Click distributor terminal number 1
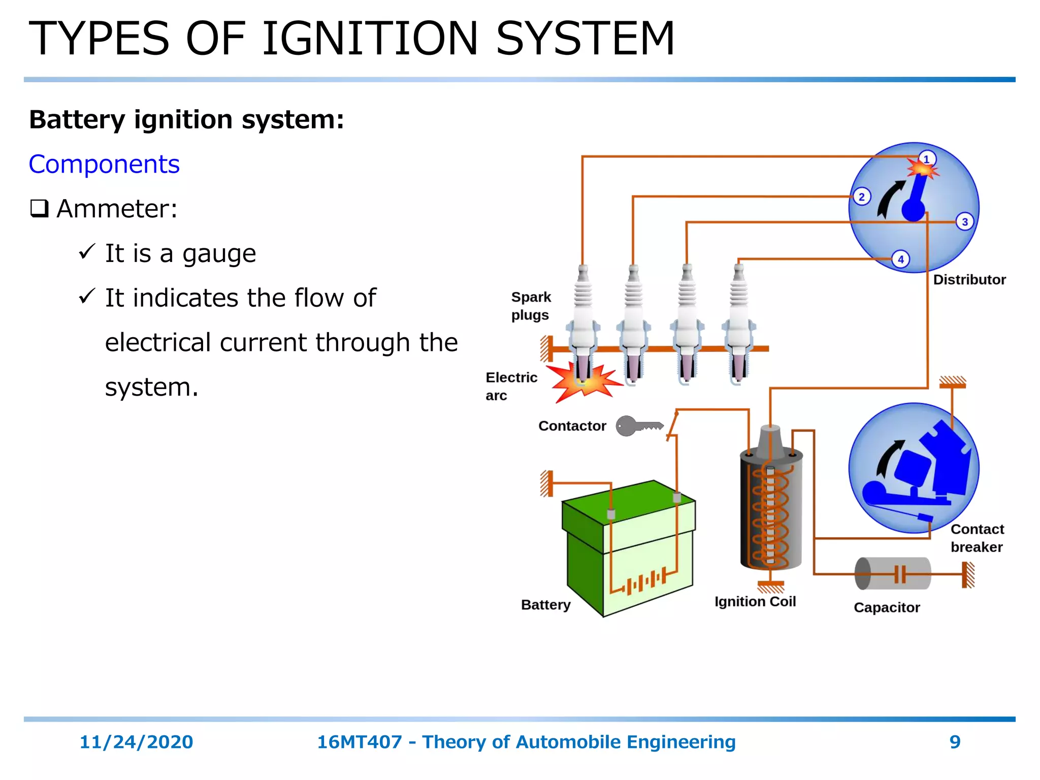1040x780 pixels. [927, 159]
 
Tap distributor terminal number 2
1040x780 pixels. [861, 197]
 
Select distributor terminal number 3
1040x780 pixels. [965, 222]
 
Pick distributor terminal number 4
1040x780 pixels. [900, 259]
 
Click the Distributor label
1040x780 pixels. [969, 280]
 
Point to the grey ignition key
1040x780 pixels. [638, 426]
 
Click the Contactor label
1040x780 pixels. [572, 426]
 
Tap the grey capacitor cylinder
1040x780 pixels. [892, 573]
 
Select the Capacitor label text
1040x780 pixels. [887, 607]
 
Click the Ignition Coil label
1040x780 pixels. [755, 602]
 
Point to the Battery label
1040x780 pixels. [545, 605]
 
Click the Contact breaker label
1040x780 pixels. [977, 538]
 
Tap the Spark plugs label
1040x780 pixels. [530, 306]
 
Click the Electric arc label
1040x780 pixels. [511, 386]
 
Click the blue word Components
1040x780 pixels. [104, 165]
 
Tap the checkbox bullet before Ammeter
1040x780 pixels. [39, 208]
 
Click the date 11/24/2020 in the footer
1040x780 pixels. [136, 742]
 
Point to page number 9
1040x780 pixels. [955, 742]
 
